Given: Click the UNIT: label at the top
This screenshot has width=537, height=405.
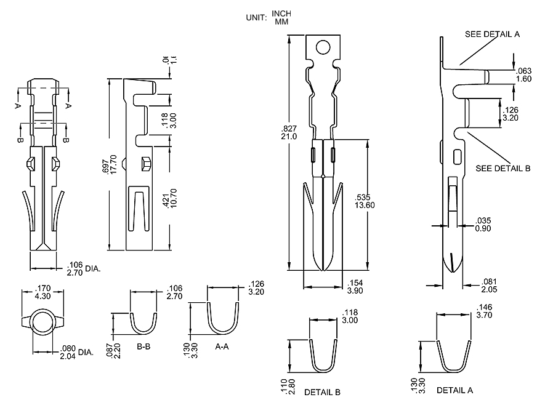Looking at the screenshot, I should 256,18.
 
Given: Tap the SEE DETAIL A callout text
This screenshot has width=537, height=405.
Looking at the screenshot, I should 492,34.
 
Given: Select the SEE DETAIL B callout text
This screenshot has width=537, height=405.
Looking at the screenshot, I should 503,168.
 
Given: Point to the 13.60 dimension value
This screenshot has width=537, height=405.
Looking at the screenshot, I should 363,205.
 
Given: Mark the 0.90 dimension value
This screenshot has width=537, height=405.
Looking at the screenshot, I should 483,228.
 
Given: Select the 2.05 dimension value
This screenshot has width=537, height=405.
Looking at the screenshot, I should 490,288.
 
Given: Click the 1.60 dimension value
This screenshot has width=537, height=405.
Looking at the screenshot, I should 523,79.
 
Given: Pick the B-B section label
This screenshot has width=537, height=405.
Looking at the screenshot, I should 144,347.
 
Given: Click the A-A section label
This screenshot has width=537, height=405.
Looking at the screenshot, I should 223,347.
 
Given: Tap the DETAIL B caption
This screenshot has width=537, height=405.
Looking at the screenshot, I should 322,392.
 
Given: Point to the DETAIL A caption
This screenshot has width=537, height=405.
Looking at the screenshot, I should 454,390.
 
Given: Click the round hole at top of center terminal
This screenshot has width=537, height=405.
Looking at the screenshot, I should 323,47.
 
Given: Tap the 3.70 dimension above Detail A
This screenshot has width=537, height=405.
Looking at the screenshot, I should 486,315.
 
